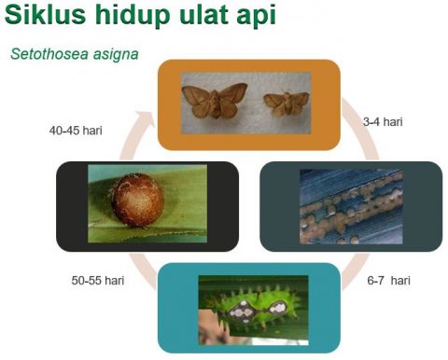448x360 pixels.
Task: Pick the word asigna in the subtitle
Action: [x=113, y=55]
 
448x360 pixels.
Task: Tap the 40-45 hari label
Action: [x=76, y=131]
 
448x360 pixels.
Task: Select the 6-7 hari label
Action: [x=387, y=280]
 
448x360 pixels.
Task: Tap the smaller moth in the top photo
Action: [x=287, y=104]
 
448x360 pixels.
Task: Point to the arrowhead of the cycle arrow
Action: [x=141, y=119]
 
